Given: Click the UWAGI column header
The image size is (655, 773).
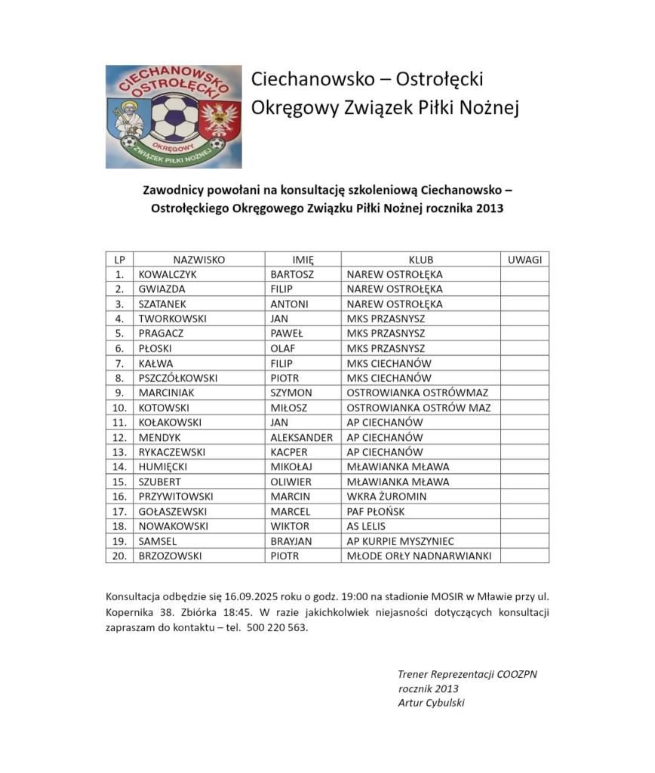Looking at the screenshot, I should coord(524,259).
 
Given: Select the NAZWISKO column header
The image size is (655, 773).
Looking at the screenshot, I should coord(199,259).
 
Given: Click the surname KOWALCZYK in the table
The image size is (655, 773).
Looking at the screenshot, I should coord(168,274).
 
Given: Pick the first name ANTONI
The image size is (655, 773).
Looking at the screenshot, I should coord(289,303).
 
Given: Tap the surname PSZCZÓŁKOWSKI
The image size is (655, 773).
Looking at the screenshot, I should coord(178,377).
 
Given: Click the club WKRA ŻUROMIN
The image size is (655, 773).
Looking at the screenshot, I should coord(386,496).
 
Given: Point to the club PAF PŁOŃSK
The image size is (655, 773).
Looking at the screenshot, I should coord(376,511).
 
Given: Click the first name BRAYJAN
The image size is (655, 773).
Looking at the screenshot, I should coord(292,540).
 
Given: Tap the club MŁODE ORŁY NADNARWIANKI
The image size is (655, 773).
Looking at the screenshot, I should coord(419,556).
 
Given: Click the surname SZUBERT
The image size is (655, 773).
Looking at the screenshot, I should coord(161,482).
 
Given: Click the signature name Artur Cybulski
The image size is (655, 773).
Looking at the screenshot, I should coord(431,703).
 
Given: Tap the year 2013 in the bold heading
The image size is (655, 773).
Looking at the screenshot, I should coord(488,208).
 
